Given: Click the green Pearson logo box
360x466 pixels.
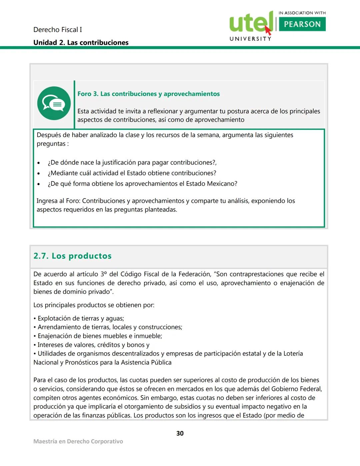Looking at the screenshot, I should point(302,24).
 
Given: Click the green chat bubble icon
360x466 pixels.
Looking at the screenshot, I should point(54,103).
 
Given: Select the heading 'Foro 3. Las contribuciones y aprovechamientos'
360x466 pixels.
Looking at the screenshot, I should point(148,94).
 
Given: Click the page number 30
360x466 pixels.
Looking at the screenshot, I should point(180,433).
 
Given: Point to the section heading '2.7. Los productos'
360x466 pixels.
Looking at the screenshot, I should point(72,256).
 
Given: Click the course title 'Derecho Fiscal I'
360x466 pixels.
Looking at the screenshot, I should point(57,30).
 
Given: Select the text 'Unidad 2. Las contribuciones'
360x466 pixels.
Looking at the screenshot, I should point(81,43).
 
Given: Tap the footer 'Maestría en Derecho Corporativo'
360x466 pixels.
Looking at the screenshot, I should point(78,441).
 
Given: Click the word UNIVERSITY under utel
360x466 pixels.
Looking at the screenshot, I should point(250,39).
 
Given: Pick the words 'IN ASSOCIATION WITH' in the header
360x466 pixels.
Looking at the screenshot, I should point(302,13).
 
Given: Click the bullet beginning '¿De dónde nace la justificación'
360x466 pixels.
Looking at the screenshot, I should point(132,163).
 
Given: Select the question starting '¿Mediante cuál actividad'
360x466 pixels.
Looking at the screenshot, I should point(132,173).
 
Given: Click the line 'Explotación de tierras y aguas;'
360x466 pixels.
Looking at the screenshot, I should point(81,319).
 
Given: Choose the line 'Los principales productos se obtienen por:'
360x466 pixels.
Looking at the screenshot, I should point(94,305).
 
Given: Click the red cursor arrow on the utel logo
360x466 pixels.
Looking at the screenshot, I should point(268,30).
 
